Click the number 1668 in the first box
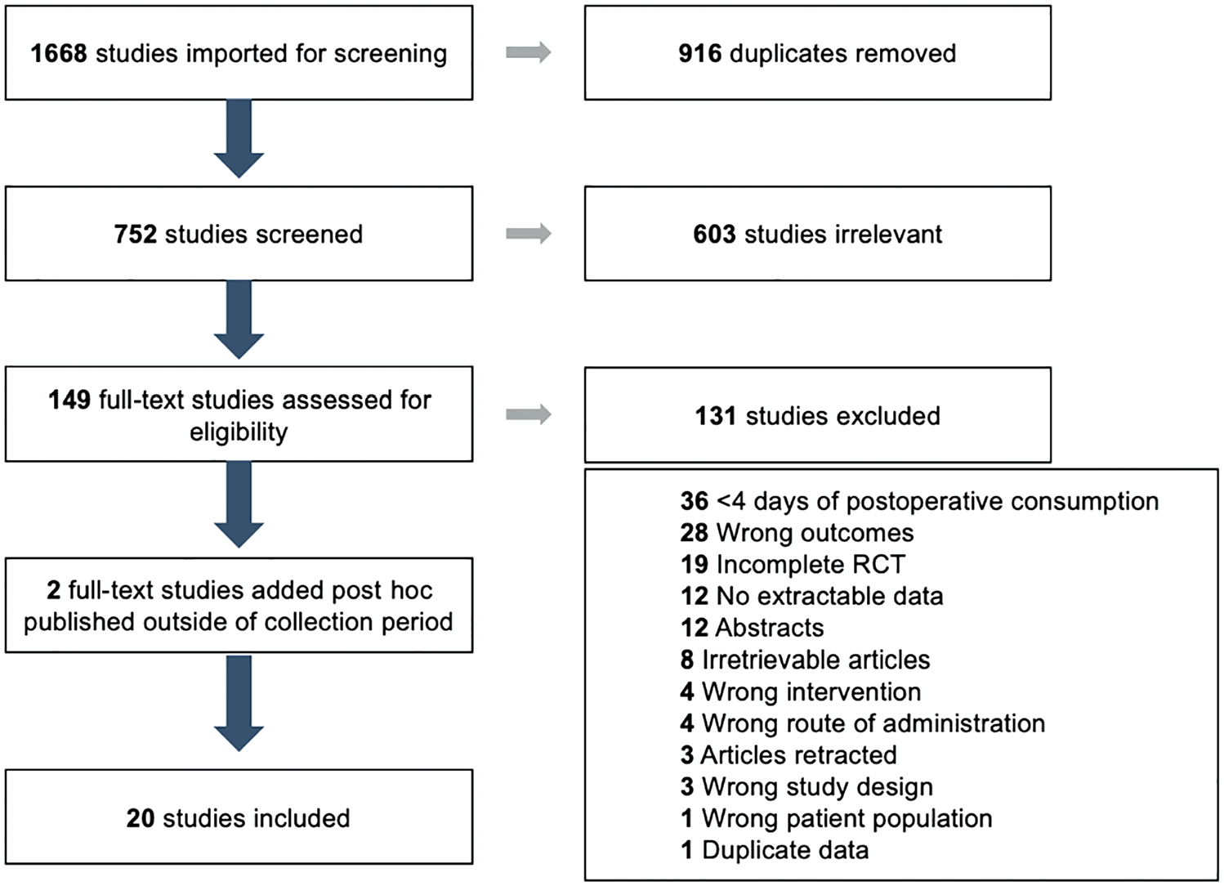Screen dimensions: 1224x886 [59, 54]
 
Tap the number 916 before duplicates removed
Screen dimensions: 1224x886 [700, 54]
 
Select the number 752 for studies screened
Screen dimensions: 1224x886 [136, 234]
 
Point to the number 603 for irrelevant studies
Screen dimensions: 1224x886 [715, 234]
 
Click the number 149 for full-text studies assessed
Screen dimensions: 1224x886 [69, 400]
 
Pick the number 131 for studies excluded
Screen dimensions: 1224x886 [716, 416]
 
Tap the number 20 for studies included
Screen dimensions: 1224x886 [141, 818]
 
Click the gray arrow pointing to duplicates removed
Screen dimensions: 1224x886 [529, 52]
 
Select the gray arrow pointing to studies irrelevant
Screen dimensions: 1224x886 [529, 234]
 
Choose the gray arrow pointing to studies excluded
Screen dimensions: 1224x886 [529, 414]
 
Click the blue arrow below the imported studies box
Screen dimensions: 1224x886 [239, 139]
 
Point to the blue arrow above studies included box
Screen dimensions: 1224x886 [239, 704]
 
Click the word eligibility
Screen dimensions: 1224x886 [239, 432]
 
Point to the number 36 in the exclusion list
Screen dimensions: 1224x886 [695, 501]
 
